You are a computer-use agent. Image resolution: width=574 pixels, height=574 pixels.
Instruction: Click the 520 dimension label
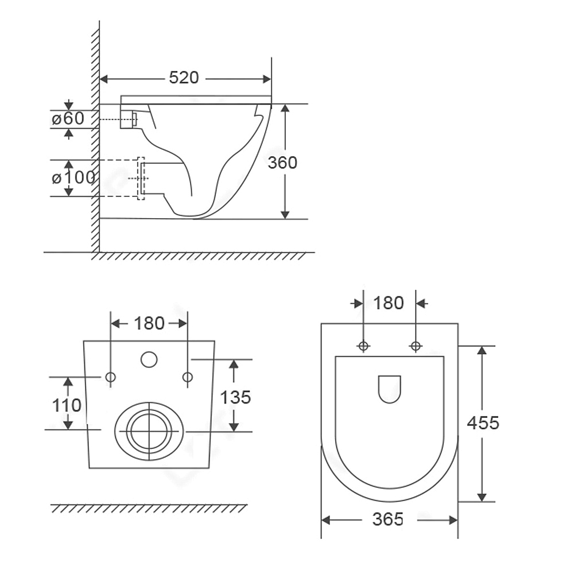(x=184, y=77)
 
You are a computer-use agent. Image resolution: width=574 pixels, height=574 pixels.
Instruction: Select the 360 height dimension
(x=282, y=162)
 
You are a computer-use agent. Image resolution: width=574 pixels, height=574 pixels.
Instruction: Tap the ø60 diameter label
(x=68, y=118)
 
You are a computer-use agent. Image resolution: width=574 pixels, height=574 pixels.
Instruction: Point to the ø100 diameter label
(x=73, y=177)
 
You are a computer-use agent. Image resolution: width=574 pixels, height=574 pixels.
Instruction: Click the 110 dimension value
(x=67, y=405)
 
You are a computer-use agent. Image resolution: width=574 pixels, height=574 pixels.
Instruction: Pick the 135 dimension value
(x=235, y=397)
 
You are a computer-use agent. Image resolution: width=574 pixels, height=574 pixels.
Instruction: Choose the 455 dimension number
(x=483, y=423)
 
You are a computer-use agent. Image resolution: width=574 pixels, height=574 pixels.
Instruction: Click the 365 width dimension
(x=387, y=519)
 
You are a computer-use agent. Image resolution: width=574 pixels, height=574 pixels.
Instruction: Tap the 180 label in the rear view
(x=149, y=323)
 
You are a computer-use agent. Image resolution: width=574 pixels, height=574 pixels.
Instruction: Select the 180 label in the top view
(x=389, y=302)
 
